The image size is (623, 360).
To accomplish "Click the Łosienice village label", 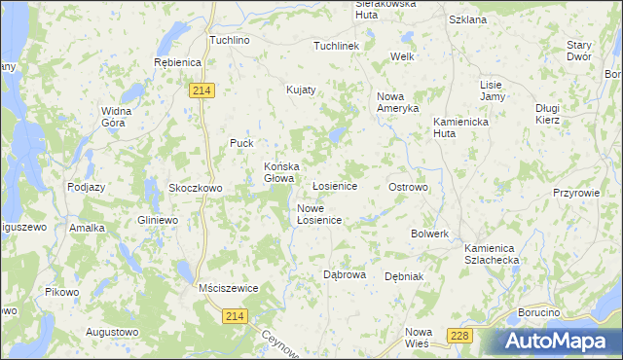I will (334, 186).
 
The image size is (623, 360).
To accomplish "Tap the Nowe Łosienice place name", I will (318, 214).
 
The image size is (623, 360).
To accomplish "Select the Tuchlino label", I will (231, 41).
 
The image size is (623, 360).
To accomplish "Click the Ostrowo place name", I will (408, 186).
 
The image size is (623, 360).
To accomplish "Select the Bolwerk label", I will (429, 234).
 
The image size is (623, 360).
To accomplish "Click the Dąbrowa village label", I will (345, 274).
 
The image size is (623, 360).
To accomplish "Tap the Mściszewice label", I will (226, 289).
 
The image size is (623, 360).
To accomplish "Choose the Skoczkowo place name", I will (196, 188).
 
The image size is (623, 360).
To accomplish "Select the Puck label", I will (241, 143).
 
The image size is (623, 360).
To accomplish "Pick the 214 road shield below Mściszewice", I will (235, 316).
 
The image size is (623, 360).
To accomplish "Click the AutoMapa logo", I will (558, 341).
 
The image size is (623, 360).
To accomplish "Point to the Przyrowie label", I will (574, 193).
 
